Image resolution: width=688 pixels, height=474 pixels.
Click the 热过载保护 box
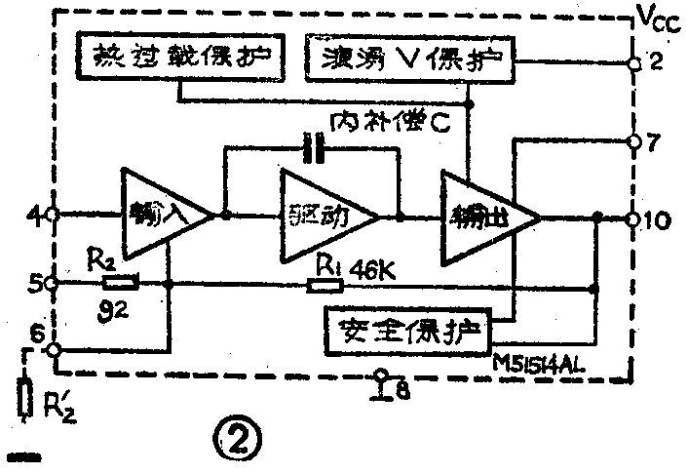tap(181, 60)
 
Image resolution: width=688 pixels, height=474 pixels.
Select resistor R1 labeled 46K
tap(325, 286)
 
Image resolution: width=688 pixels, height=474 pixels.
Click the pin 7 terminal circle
tap(633, 140)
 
